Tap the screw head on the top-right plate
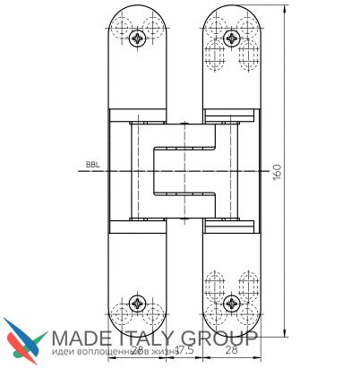(x=232, y=38)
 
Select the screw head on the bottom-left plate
(x=137, y=302)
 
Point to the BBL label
(x=91, y=165)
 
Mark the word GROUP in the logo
(x=224, y=338)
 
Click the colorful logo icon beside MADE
(x=24, y=340)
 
